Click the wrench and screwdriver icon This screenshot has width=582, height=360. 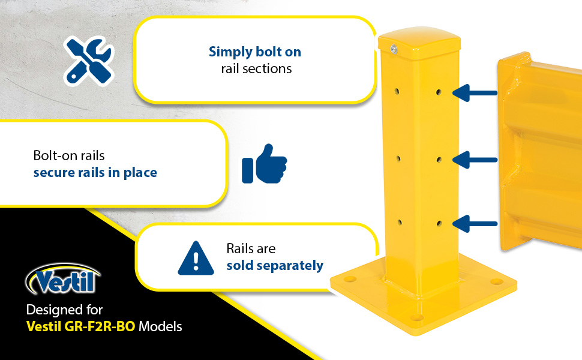coord(88,61)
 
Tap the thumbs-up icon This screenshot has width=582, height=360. coord(264,164)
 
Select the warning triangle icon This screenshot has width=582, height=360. coord(196,259)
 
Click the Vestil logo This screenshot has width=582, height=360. coord(62,279)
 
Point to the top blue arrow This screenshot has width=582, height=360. coord(475,93)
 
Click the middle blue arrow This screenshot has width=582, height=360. coord(475,160)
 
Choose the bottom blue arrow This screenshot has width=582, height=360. coord(475,224)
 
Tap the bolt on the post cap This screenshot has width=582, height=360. coord(394,49)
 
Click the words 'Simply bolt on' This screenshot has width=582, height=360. coord(254,52)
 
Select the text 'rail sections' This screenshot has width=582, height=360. coord(256,68)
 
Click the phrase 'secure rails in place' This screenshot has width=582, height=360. coord(95,173)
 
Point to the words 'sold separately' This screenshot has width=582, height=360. coord(275,266)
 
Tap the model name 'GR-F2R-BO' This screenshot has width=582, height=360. coord(100,326)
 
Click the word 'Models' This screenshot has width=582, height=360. coord(160,326)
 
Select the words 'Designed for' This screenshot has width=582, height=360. coord(64,310)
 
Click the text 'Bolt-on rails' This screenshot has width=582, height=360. coord(69,155)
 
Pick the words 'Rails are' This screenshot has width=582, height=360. coord(251,248)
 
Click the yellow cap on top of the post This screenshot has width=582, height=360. coord(419,43)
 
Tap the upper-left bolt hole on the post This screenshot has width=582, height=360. coord(397,91)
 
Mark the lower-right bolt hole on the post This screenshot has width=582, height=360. coord(439,223)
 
